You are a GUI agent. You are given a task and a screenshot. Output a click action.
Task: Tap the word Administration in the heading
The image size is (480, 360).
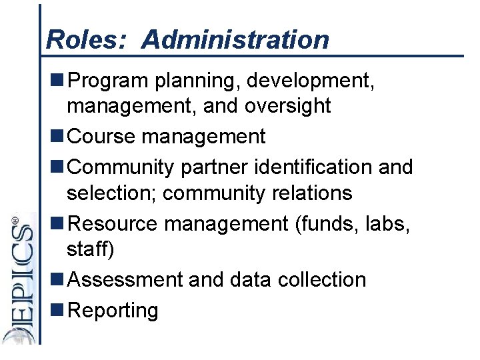235,40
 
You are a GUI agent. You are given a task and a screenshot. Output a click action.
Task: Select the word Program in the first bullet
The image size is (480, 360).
109,81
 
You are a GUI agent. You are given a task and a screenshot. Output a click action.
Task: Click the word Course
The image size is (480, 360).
102,136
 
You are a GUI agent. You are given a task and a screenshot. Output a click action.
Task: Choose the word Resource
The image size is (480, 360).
113,223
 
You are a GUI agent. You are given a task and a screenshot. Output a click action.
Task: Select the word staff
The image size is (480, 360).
89,249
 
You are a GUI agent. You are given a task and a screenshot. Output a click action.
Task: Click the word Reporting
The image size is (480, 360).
113,310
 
